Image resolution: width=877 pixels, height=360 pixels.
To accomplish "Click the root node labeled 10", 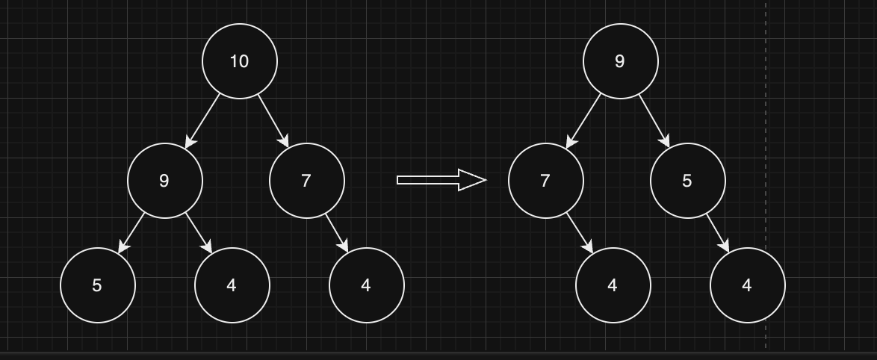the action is [239, 61].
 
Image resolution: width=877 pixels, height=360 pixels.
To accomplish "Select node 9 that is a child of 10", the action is [164, 181].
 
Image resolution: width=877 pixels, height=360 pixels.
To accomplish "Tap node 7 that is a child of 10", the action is [306, 181].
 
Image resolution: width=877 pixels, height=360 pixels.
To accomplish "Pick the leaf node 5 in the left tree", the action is [97, 285].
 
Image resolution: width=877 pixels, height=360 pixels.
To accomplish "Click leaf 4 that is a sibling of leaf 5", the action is [232, 285].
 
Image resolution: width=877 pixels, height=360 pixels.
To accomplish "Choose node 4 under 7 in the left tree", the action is [366, 285].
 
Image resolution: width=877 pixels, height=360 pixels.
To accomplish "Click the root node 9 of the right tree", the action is [620, 61].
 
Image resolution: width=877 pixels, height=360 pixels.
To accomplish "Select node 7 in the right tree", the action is [545, 181].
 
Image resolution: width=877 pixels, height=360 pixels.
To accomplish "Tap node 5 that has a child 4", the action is [687, 181].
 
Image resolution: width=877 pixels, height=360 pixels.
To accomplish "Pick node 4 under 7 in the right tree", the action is [613, 285].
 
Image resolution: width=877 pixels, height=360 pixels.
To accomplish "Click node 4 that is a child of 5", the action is [747, 285].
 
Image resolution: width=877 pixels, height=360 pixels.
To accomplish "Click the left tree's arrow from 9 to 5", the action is [131, 233].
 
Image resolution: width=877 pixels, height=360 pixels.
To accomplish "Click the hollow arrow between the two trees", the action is [441, 180].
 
